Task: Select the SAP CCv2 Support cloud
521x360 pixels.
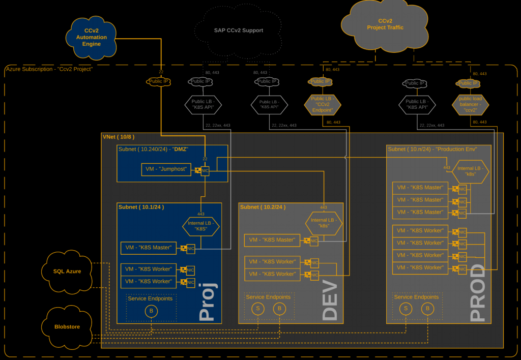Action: coord(238,31)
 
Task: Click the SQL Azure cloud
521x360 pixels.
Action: coord(67,271)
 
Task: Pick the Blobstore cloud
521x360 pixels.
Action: coord(67,326)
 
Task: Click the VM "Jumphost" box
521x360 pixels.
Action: coord(166,169)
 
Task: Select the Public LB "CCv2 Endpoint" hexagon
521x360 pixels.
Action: coord(322,104)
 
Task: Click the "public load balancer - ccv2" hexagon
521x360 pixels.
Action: coord(471,104)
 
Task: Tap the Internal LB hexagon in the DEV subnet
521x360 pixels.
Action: coord(324,223)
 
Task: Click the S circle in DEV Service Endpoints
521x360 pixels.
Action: coord(258,308)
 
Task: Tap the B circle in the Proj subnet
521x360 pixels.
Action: coord(151,311)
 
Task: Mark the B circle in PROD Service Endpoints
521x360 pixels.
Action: coord(427,308)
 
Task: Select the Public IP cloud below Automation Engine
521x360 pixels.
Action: coord(158,81)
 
